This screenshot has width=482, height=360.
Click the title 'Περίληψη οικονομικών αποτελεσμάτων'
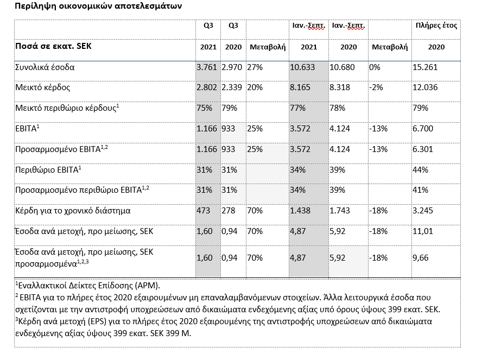98,6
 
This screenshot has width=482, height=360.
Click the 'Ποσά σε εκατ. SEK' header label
54,46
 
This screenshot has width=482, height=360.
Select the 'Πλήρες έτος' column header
436,26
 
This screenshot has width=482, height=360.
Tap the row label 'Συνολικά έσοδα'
45,67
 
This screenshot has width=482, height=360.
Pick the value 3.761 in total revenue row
207,67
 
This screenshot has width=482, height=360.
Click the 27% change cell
255,67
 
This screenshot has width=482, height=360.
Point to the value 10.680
342,67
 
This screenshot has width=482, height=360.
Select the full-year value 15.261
425,67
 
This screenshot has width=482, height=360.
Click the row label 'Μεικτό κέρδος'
43,87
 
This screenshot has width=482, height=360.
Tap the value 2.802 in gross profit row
207,87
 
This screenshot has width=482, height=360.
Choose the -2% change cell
376,87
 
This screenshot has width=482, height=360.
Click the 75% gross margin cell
205,108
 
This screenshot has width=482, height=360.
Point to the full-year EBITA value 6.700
423,129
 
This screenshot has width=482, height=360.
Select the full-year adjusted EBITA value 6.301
423,149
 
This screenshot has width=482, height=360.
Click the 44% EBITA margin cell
420,170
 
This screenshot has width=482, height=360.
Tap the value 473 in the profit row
204,211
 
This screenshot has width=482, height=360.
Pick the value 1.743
340,211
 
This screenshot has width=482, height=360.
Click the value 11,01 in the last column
423,231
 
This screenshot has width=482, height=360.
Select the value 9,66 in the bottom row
421,258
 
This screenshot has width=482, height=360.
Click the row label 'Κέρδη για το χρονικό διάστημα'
73,211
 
